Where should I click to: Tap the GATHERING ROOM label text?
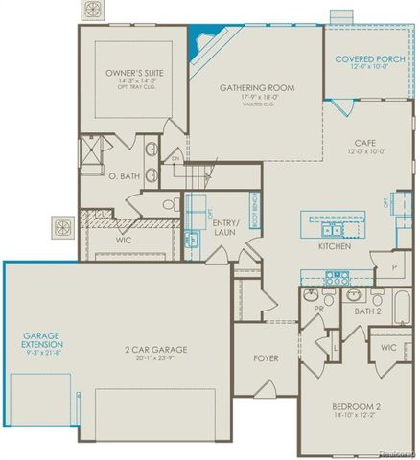(x=256, y=87)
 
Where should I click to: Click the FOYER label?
(x=265, y=359)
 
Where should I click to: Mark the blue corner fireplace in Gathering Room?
(x=199, y=41)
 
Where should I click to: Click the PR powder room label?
(x=316, y=311)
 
